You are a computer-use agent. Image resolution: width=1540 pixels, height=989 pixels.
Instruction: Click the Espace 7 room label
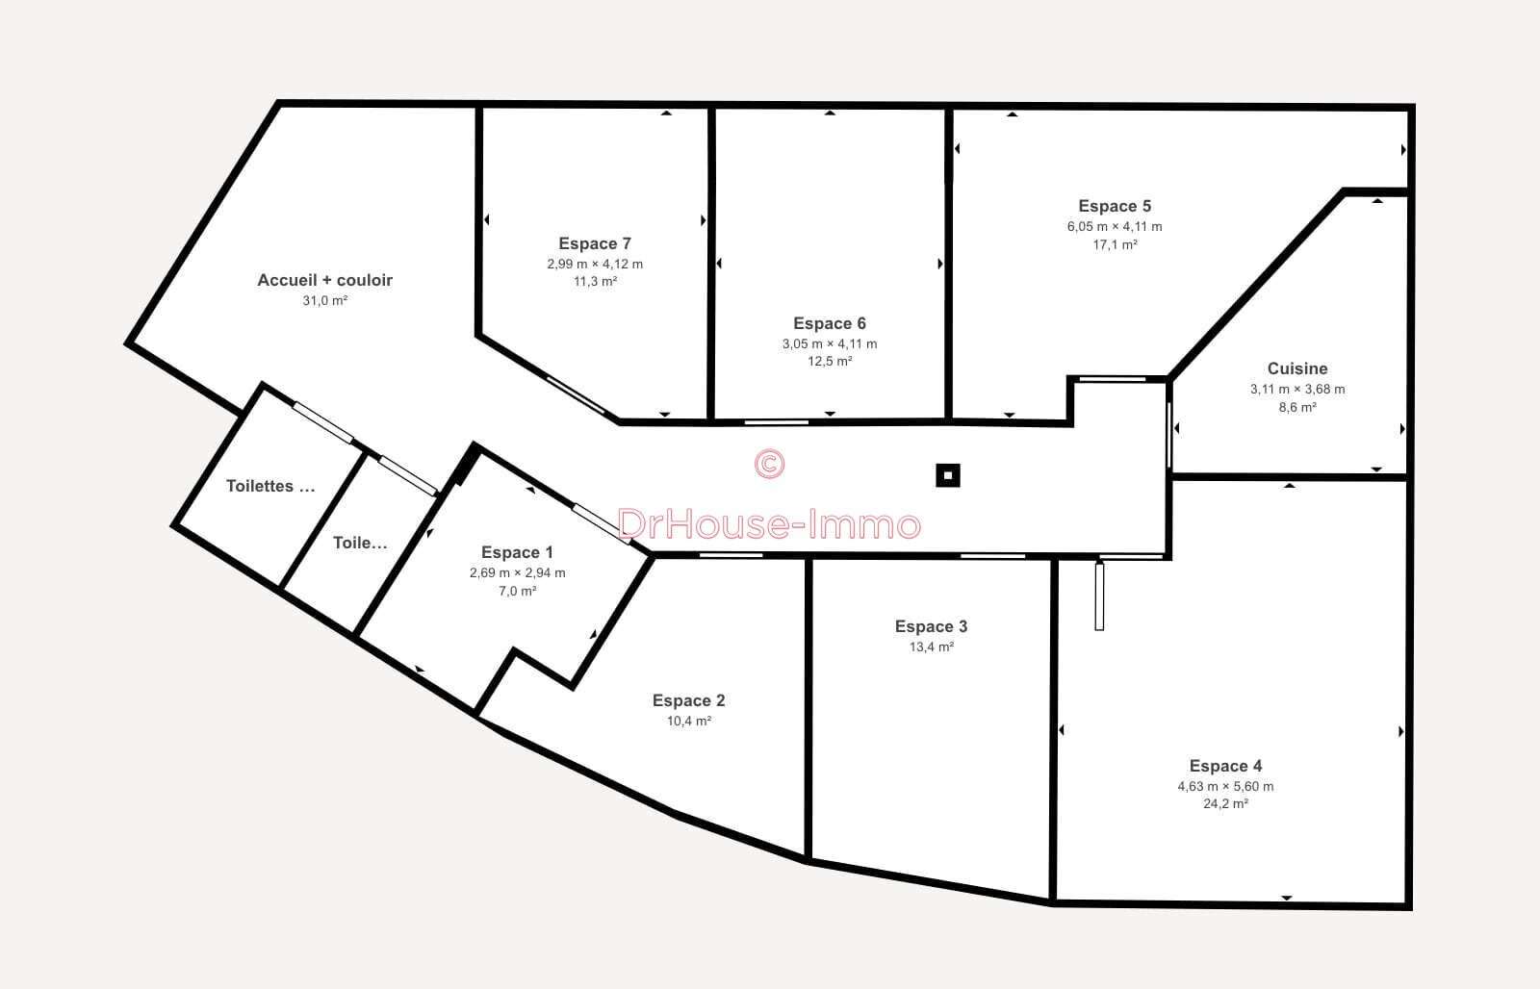click(595, 244)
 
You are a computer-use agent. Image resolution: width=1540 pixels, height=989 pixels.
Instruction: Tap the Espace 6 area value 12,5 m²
click(830, 362)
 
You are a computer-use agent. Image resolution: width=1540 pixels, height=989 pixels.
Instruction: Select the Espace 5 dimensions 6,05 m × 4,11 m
click(1115, 227)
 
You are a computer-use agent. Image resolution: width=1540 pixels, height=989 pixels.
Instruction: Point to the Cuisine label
click(1297, 368)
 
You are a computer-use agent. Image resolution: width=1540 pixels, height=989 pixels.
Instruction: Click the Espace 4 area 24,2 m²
click(1225, 804)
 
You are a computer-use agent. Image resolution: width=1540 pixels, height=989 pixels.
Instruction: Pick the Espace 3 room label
click(931, 627)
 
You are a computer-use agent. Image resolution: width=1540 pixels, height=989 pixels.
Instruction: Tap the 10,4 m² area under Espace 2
click(689, 721)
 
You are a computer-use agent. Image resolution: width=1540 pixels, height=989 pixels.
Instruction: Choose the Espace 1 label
click(517, 552)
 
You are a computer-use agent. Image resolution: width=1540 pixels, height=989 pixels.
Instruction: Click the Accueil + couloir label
click(324, 280)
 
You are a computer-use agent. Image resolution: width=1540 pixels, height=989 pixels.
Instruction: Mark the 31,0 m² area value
click(324, 301)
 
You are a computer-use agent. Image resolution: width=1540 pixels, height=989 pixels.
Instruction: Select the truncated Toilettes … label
click(270, 487)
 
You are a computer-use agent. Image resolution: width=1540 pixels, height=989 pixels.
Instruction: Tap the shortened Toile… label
click(360, 543)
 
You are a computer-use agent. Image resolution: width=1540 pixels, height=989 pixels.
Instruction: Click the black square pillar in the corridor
click(948, 475)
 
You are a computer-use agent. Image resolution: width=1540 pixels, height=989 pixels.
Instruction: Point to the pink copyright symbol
click(769, 464)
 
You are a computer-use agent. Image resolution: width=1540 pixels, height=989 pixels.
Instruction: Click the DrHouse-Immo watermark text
click(769, 524)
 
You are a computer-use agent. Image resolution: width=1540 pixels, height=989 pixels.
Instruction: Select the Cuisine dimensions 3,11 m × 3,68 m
click(1297, 390)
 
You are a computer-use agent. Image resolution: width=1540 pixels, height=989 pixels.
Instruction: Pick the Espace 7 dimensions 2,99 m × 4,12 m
click(595, 265)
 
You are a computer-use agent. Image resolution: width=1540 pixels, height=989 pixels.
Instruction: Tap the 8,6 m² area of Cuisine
click(1297, 408)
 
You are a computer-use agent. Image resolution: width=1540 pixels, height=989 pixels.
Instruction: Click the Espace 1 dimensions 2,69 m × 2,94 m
click(517, 573)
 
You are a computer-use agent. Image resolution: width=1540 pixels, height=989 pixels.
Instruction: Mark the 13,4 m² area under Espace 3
click(931, 647)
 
